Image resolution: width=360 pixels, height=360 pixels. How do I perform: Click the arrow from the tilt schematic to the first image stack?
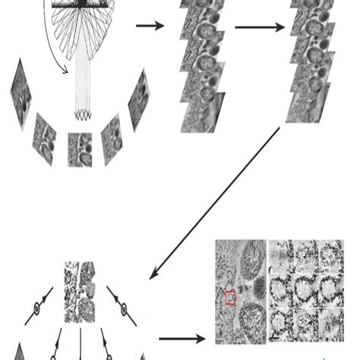pyautogui.click(x=150, y=27)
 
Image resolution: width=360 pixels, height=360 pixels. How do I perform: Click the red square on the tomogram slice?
pyautogui.click(x=231, y=298)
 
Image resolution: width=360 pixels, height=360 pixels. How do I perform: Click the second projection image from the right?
pyautogui.click(x=112, y=138)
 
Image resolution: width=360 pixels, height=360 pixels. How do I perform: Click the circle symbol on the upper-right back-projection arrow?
pyautogui.click(x=122, y=309)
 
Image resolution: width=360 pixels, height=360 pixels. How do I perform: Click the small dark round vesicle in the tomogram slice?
pyautogui.click(x=259, y=289)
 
